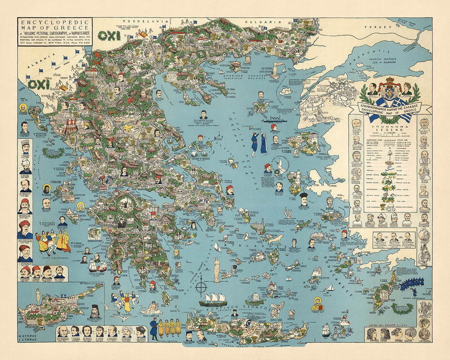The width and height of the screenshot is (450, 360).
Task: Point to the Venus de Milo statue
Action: [216, 267]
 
